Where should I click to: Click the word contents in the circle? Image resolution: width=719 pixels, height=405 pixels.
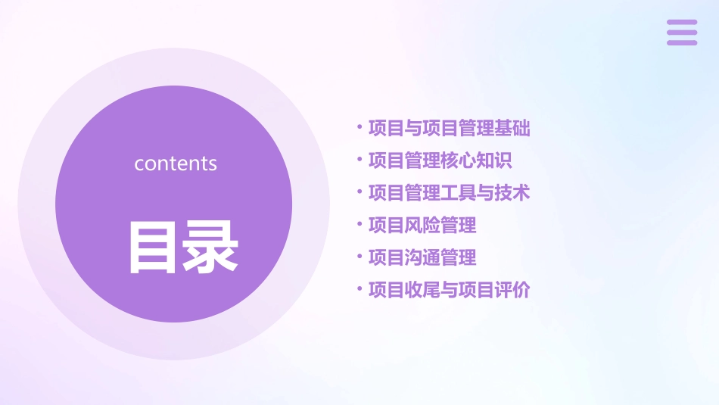176,164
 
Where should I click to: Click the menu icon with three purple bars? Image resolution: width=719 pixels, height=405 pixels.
682,33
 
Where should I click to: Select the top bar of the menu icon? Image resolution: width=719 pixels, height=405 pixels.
682,23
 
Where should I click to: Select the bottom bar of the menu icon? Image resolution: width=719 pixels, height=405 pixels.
682,42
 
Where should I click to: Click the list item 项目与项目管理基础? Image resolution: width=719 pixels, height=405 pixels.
449,128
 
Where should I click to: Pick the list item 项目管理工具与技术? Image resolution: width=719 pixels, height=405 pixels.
449,193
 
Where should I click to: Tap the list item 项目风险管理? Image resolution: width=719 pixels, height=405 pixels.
422,225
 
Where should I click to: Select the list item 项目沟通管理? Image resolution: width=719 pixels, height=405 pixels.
422,257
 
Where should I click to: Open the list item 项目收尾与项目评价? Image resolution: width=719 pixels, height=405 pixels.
449,290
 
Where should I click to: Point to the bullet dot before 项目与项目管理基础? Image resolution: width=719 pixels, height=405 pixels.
359,127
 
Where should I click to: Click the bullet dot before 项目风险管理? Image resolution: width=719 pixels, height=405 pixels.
359,224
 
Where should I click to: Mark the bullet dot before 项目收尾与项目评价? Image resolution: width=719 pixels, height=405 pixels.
359,289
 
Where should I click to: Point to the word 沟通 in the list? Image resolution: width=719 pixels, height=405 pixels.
422,257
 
